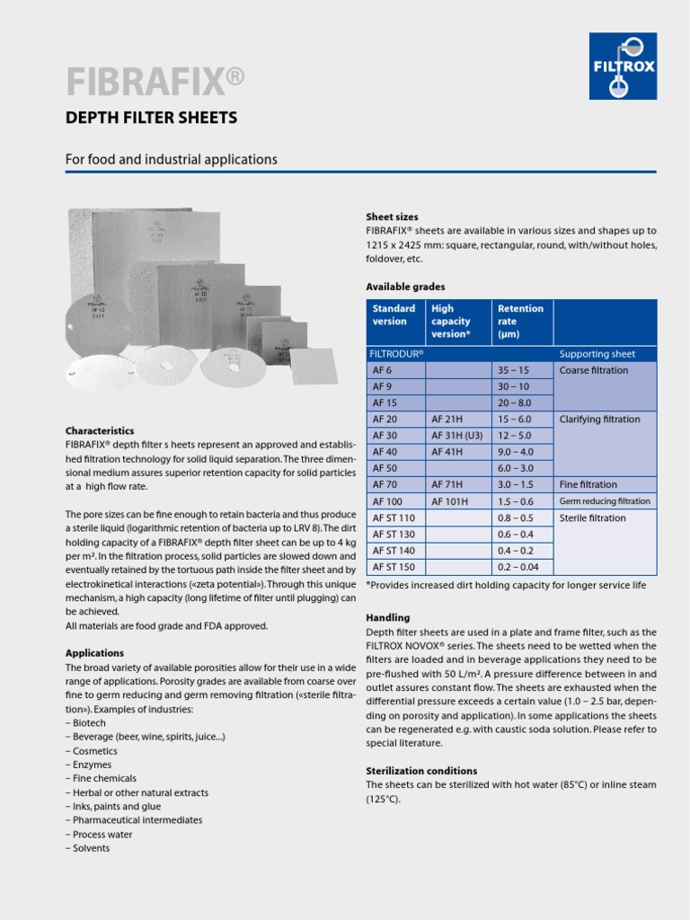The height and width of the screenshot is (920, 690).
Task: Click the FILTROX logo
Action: (623, 66)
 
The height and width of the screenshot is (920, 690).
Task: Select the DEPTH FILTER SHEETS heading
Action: (151, 118)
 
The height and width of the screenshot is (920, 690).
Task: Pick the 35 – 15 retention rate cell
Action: (513, 370)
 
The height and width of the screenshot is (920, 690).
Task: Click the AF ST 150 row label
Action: (394, 566)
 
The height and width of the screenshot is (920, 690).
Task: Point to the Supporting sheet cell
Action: (597, 354)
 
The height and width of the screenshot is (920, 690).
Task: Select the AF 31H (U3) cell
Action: (456, 436)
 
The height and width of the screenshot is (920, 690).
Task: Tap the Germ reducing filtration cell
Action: (605, 501)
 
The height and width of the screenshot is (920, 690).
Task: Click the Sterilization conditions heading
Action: (421, 771)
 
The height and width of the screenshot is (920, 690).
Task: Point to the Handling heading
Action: (388, 618)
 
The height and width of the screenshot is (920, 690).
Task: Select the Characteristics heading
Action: (100, 431)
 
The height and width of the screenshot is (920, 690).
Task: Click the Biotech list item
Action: (86, 723)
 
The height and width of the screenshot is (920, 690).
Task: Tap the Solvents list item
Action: (88, 848)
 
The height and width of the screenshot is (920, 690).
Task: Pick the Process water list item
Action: (100, 835)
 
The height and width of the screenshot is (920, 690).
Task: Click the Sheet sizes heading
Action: (392, 217)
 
